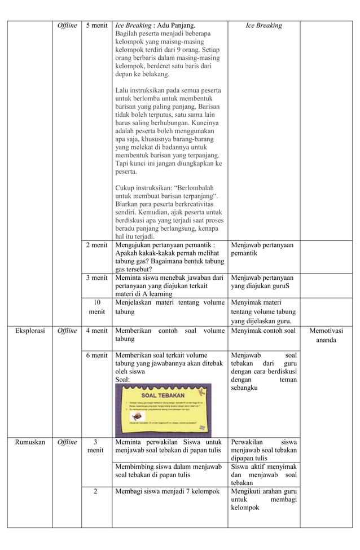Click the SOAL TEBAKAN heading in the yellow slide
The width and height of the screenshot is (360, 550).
tap(163, 394)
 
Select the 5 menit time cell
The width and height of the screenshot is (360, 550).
tap(96, 25)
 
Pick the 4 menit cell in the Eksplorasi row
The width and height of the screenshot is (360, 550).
tap(96, 331)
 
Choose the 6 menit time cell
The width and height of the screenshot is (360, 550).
tap(96, 355)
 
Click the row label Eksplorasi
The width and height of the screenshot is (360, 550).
tap(30, 331)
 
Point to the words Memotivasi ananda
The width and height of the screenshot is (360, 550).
tap(326, 336)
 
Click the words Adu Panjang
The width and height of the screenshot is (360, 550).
tap(176, 25)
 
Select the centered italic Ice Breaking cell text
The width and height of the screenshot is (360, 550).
tap(264, 25)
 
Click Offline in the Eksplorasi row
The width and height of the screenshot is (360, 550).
tap(67, 331)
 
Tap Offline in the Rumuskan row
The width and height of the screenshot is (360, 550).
tap(67, 442)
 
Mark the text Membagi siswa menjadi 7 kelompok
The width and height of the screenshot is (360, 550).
tap(167, 491)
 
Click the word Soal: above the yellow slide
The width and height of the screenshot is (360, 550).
tap(122, 380)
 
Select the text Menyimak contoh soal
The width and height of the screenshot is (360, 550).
tap(264, 331)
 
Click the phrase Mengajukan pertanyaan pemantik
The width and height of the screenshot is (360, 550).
tap(164, 245)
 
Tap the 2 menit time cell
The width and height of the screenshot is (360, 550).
tap(96, 245)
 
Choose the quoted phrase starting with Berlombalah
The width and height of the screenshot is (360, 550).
tap(166, 192)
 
